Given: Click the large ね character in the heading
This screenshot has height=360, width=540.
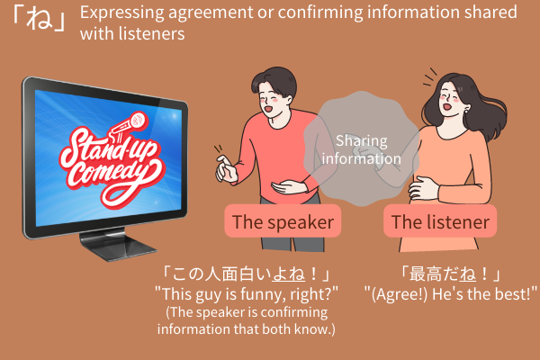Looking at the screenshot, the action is (40, 18).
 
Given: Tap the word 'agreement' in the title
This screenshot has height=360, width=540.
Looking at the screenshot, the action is (211, 13).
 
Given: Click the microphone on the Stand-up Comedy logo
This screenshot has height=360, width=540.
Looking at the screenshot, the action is (128, 126).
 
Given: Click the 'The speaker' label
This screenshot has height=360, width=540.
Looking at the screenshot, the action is (283, 221).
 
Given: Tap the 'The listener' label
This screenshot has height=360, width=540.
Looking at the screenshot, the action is (440, 221).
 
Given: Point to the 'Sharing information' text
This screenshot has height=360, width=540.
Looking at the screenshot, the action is (362, 149).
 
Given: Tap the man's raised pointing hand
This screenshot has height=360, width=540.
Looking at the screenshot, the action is (226, 169).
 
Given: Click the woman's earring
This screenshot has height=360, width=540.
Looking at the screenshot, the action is (466, 111).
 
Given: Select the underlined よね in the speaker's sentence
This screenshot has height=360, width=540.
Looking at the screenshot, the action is (288, 274).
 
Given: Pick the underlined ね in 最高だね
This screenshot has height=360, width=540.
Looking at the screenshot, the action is (467, 274).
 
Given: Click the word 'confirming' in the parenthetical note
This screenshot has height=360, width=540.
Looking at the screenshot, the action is (293, 312).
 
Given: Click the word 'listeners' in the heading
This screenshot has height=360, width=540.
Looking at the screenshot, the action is (151, 34).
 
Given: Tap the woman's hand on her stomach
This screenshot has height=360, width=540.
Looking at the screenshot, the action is (423, 188).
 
